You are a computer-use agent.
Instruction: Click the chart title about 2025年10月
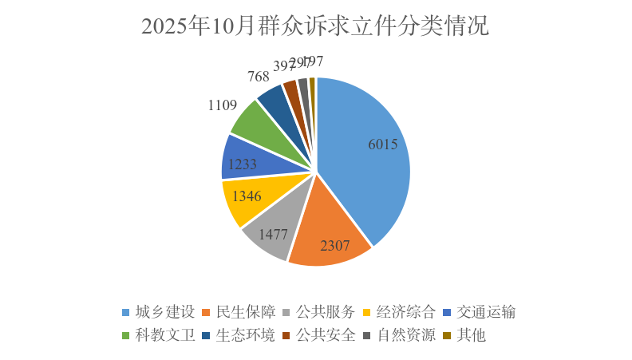pos(315,26)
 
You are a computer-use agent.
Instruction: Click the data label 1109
pos(223,105)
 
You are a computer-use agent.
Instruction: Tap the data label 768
pos(258,77)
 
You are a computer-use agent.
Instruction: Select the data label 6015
pos(383,144)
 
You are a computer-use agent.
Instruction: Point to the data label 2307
pos(335,247)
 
